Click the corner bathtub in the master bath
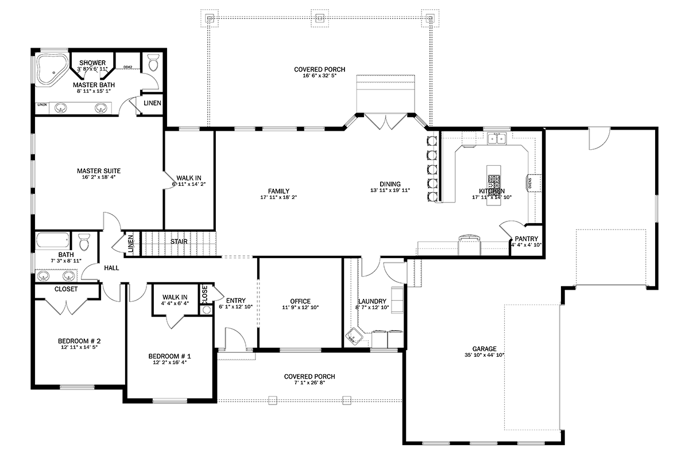51,68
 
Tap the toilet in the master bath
153,62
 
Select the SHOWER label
92,63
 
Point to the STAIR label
179,242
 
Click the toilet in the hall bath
84,243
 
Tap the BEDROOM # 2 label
79,340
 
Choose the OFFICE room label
300,301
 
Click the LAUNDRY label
372,301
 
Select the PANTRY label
525,238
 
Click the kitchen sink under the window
497,138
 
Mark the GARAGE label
484,348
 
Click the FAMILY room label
278,191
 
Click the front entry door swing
235,339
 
